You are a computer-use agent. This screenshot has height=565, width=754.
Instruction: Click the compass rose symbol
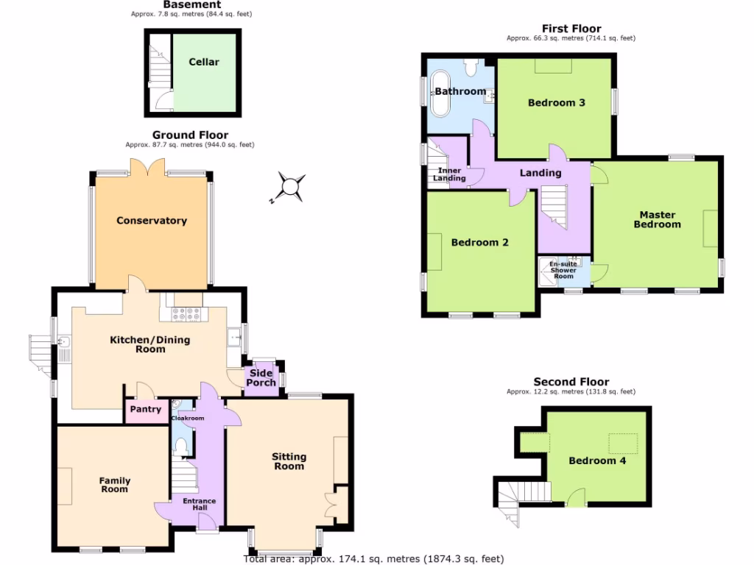(x=292, y=186)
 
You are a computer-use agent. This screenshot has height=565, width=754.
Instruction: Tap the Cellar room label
(x=203, y=62)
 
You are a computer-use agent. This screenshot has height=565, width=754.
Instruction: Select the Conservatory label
(x=152, y=221)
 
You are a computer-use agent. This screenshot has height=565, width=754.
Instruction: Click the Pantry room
(x=145, y=410)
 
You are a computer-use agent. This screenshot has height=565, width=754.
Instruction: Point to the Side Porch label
(x=261, y=377)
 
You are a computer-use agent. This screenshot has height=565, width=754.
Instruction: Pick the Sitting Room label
(x=289, y=461)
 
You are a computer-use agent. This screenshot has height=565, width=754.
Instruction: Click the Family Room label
(x=114, y=485)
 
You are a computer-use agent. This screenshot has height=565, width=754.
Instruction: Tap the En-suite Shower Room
(x=564, y=270)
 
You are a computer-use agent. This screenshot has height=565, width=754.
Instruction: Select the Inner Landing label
(x=448, y=174)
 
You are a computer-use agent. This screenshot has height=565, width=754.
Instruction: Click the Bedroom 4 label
(x=591, y=461)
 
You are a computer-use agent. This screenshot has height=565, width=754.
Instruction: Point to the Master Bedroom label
(x=657, y=219)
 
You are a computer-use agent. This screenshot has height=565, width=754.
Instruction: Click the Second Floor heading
(x=571, y=382)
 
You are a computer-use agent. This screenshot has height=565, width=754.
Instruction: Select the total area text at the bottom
(x=376, y=558)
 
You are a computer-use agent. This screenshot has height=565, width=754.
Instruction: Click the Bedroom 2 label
(x=479, y=242)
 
